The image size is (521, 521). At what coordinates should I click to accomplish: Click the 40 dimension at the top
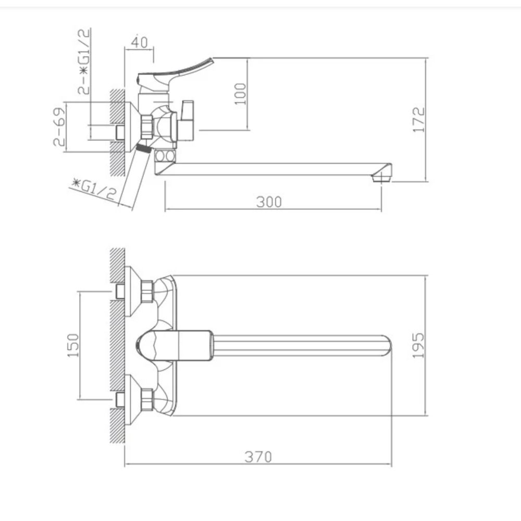click(x=139, y=42)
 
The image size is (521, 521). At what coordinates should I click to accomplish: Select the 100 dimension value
click(x=240, y=94)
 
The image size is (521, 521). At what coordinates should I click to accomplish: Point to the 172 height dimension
click(x=419, y=120)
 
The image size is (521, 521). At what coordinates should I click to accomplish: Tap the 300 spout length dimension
click(x=269, y=202)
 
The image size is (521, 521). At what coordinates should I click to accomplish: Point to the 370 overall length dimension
click(x=258, y=457)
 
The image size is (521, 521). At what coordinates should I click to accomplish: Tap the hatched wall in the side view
click(x=117, y=130)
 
